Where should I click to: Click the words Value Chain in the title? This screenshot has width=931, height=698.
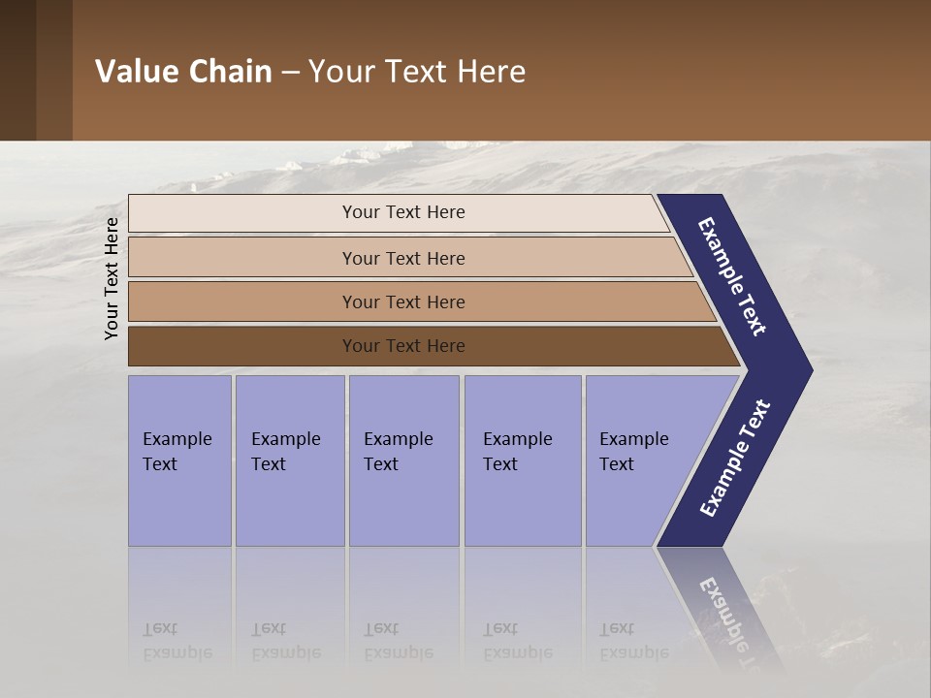tap(183, 72)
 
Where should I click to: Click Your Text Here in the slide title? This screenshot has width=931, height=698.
tap(417, 72)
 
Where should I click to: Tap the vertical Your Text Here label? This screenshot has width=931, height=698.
tap(112, 278)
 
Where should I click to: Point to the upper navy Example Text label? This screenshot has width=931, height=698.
tap(732, 276)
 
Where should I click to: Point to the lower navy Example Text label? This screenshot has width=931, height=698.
tap(735, 458)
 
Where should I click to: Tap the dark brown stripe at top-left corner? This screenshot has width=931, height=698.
tap(17, 70)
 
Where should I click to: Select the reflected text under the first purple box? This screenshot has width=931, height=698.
tap(177, 641)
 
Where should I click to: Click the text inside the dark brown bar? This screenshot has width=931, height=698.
tap(403, 346)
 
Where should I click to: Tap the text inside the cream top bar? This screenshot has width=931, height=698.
tap(403, 212)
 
